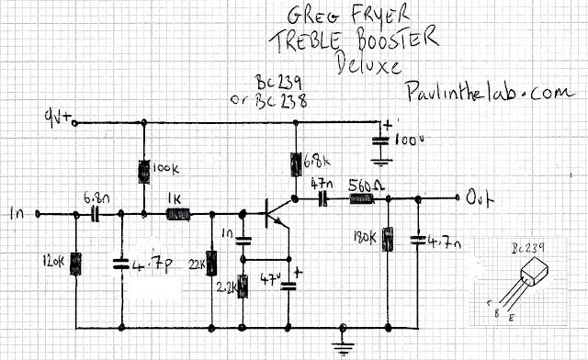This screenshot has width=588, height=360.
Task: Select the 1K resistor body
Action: point(177,216)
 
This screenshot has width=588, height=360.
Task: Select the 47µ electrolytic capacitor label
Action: point(273,279)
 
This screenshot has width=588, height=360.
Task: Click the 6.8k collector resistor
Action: point(296,162)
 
